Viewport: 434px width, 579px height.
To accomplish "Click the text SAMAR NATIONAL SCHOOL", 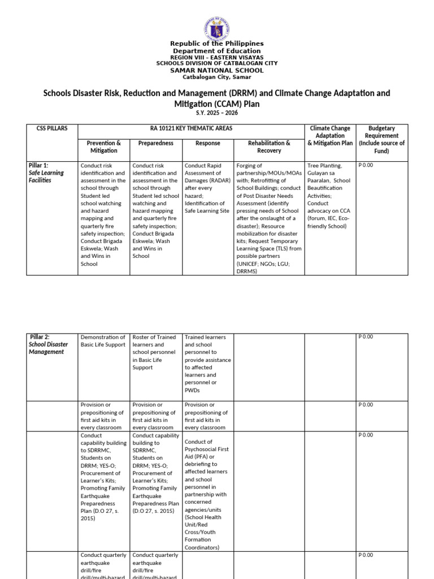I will (x=217, y=70).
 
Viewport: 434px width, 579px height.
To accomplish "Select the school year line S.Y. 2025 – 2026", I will (x=217, y=113).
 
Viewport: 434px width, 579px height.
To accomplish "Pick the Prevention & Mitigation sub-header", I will (x=104, y=147).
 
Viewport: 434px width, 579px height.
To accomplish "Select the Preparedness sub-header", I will (x=155, y=144).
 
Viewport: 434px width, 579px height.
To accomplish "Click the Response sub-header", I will (x=207, y=144).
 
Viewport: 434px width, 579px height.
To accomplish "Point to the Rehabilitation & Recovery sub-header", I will (x=269, y=147).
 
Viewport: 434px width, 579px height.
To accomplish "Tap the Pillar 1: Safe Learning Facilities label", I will (x=46, y=173).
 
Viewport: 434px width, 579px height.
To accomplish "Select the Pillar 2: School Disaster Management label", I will (x=48, y=344).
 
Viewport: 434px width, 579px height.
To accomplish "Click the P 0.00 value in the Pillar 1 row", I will (x=366, y=166).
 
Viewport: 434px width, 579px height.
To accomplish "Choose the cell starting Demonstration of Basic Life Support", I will (x=103, y=341).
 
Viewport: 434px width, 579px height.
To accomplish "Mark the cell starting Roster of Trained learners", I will (x=155, y=352).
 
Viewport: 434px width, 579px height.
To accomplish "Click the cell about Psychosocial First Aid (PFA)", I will (x=207, y=494).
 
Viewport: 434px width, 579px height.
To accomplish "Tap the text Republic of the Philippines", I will (x=217, y=44).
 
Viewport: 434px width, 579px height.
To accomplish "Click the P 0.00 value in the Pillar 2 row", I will (x=366, y=337).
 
